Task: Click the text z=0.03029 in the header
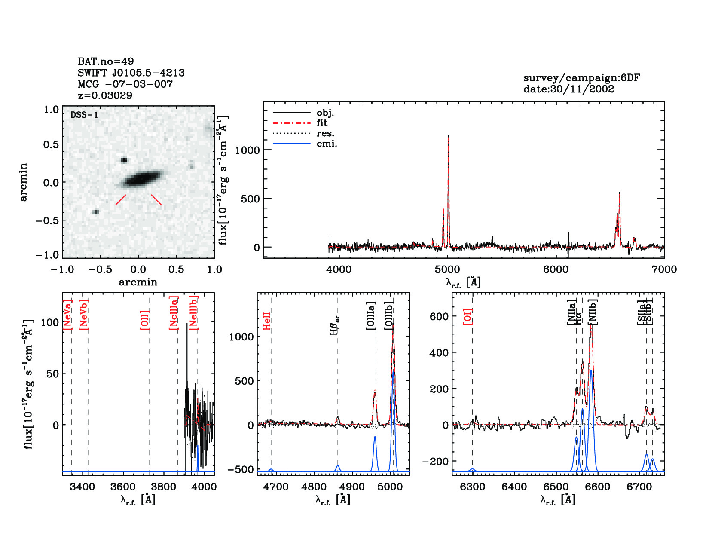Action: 105,95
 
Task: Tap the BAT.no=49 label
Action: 106,61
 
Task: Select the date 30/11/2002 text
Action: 568,89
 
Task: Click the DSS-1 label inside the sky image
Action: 84,115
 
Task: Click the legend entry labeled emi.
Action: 327,144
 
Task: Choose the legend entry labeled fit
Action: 322,123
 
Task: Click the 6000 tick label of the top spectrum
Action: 556,269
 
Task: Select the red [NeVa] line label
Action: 67,315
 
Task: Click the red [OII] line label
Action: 145,319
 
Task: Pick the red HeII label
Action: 267,321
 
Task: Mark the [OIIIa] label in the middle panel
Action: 371,315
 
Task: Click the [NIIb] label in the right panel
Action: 593,312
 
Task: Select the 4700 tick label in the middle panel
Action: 276,487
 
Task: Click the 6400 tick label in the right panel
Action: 514,487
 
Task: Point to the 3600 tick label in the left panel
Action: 123,487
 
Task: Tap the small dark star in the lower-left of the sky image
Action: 95,212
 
